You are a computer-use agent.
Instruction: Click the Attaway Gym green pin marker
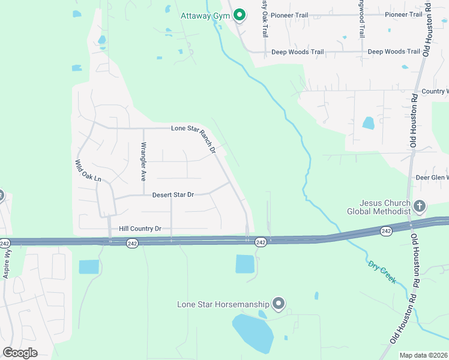240,15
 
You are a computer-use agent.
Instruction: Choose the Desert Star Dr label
173,195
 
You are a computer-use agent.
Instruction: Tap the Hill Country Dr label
140,229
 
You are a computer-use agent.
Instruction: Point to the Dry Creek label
382,271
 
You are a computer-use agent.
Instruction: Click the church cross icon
420,207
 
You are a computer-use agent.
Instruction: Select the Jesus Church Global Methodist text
379,207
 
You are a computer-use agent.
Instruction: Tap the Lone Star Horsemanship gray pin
278,304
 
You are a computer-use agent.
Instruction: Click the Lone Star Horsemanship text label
223,304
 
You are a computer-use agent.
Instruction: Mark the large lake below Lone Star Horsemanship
254,334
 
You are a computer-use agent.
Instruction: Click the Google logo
20,353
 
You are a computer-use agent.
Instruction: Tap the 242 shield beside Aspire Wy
5,243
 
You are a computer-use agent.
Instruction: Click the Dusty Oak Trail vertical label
264,18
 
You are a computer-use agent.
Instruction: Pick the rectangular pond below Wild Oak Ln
89,267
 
